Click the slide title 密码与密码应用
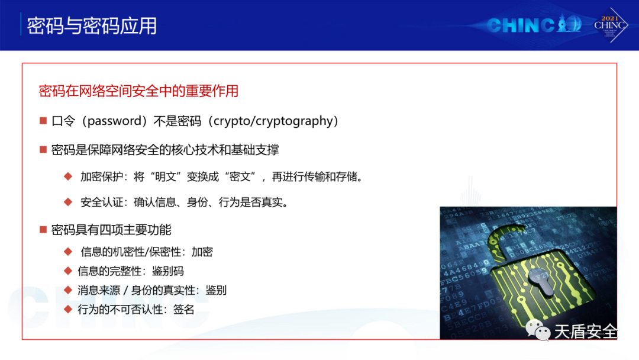click(x=92, y=25)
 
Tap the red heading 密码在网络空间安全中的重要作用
click(x=138, y=91)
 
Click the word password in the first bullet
click(x=114, y=121)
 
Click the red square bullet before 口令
click(x=43, y=121)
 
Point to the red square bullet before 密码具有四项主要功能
click(x=43, y=230)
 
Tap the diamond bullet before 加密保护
click(x=68, y=176)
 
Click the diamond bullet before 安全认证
click(x=68, y=202)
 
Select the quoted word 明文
click(x=166, y=176)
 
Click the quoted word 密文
click(x=240, y=176)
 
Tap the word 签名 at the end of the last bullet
click(x=183, y=310)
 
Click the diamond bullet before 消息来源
click(x=68, y=290)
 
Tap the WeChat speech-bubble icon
click(x=537, y=330)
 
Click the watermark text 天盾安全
click(x=586, y=332)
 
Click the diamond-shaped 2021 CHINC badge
click(x=609, y=25)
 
